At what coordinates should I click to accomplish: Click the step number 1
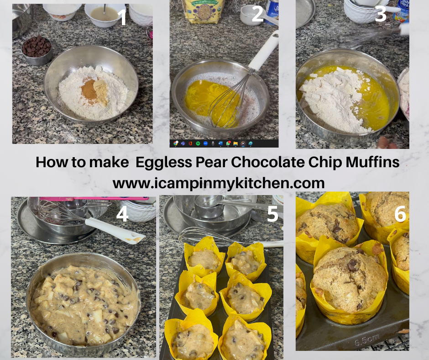pos(123,17)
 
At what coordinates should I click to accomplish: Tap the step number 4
pos(122,214)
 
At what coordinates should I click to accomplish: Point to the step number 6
pos(400,214)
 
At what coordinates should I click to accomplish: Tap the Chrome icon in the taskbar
pos(176,143)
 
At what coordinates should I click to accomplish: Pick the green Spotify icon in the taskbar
pos(198,143)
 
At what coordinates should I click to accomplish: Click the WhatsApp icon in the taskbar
pos(228,143)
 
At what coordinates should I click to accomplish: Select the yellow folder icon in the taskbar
pos(235,143)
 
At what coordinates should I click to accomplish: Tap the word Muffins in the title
pos(372,162)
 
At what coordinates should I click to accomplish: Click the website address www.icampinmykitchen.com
pos(219,183)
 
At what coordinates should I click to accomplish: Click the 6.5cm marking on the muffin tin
pos(366,340)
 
